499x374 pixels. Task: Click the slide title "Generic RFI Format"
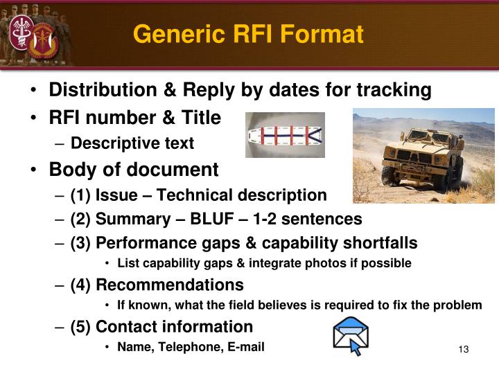coord(248,33)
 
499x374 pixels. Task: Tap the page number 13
coord(464,349)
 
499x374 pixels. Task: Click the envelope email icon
coord(350,336)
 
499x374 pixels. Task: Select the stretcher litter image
coord(285,134)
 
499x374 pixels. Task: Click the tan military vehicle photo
coord(423,155)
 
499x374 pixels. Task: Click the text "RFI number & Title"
coord(134,118)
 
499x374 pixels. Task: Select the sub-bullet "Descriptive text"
coord(132,143)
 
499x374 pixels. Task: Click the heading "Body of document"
coord(133,170)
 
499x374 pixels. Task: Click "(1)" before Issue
coord(81,195)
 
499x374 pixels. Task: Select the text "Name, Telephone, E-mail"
coord(191,346)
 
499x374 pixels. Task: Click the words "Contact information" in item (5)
coord(174,326)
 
